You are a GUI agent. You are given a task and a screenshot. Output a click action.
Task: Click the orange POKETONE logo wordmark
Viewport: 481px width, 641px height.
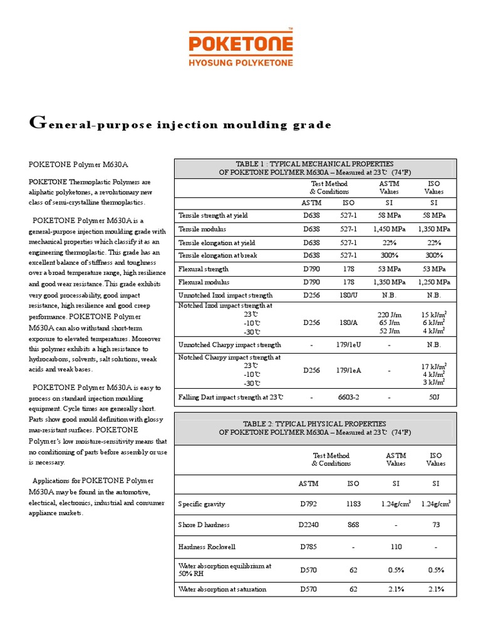coord(240,44)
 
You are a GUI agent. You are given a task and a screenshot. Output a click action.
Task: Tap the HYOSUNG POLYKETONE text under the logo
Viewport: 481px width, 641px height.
coord(240,63)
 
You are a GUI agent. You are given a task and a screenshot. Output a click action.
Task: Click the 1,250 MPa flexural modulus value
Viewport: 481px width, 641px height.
coord(434,282)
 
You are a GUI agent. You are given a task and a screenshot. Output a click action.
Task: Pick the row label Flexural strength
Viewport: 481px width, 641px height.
coord(204,269)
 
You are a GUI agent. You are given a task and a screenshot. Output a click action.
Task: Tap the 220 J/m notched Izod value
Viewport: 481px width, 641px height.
coord(389,314)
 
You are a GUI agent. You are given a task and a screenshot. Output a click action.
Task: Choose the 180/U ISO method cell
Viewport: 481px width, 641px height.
coord(348,295)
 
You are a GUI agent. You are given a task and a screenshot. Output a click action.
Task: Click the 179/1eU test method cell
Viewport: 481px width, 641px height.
coord(348,345)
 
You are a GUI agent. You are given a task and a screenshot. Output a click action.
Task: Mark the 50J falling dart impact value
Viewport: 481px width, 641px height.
coord(434,397)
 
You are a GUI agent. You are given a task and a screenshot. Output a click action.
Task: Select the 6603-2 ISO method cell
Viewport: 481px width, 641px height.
coord(348,397)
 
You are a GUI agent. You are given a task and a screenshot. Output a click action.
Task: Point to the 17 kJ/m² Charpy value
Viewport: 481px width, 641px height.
coord(433,366)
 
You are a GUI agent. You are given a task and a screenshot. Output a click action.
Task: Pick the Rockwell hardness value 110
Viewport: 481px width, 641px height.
coord(395,546)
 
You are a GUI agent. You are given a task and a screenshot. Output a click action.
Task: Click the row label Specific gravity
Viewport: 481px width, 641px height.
coord(202,504)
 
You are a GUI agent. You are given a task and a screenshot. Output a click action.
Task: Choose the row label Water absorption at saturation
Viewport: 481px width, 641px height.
coord(222,589)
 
